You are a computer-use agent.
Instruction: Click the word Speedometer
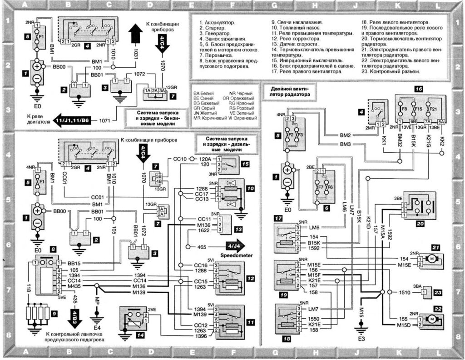pyautogui.click(x=236, y=256)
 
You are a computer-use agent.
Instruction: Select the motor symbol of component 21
pyautogui.click(x=432, y=259)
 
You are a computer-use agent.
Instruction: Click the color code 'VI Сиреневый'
pyautogui.click(x=243, y=117)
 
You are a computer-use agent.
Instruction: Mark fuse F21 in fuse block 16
pyautogui.click(x=432, y=110)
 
